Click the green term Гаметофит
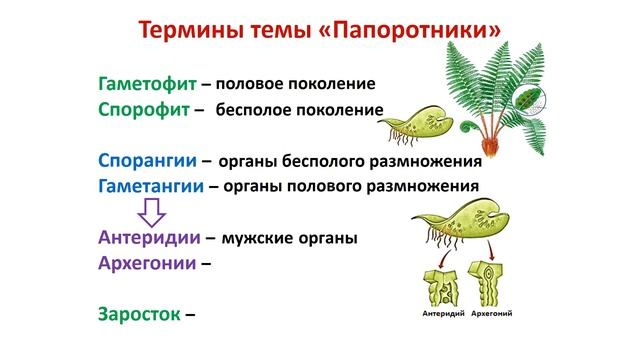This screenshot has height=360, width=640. click(147, 83)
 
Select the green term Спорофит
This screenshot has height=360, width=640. click(143, 108)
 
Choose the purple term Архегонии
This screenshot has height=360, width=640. click(149, 264)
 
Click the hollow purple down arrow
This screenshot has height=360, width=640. click(151, 211)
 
